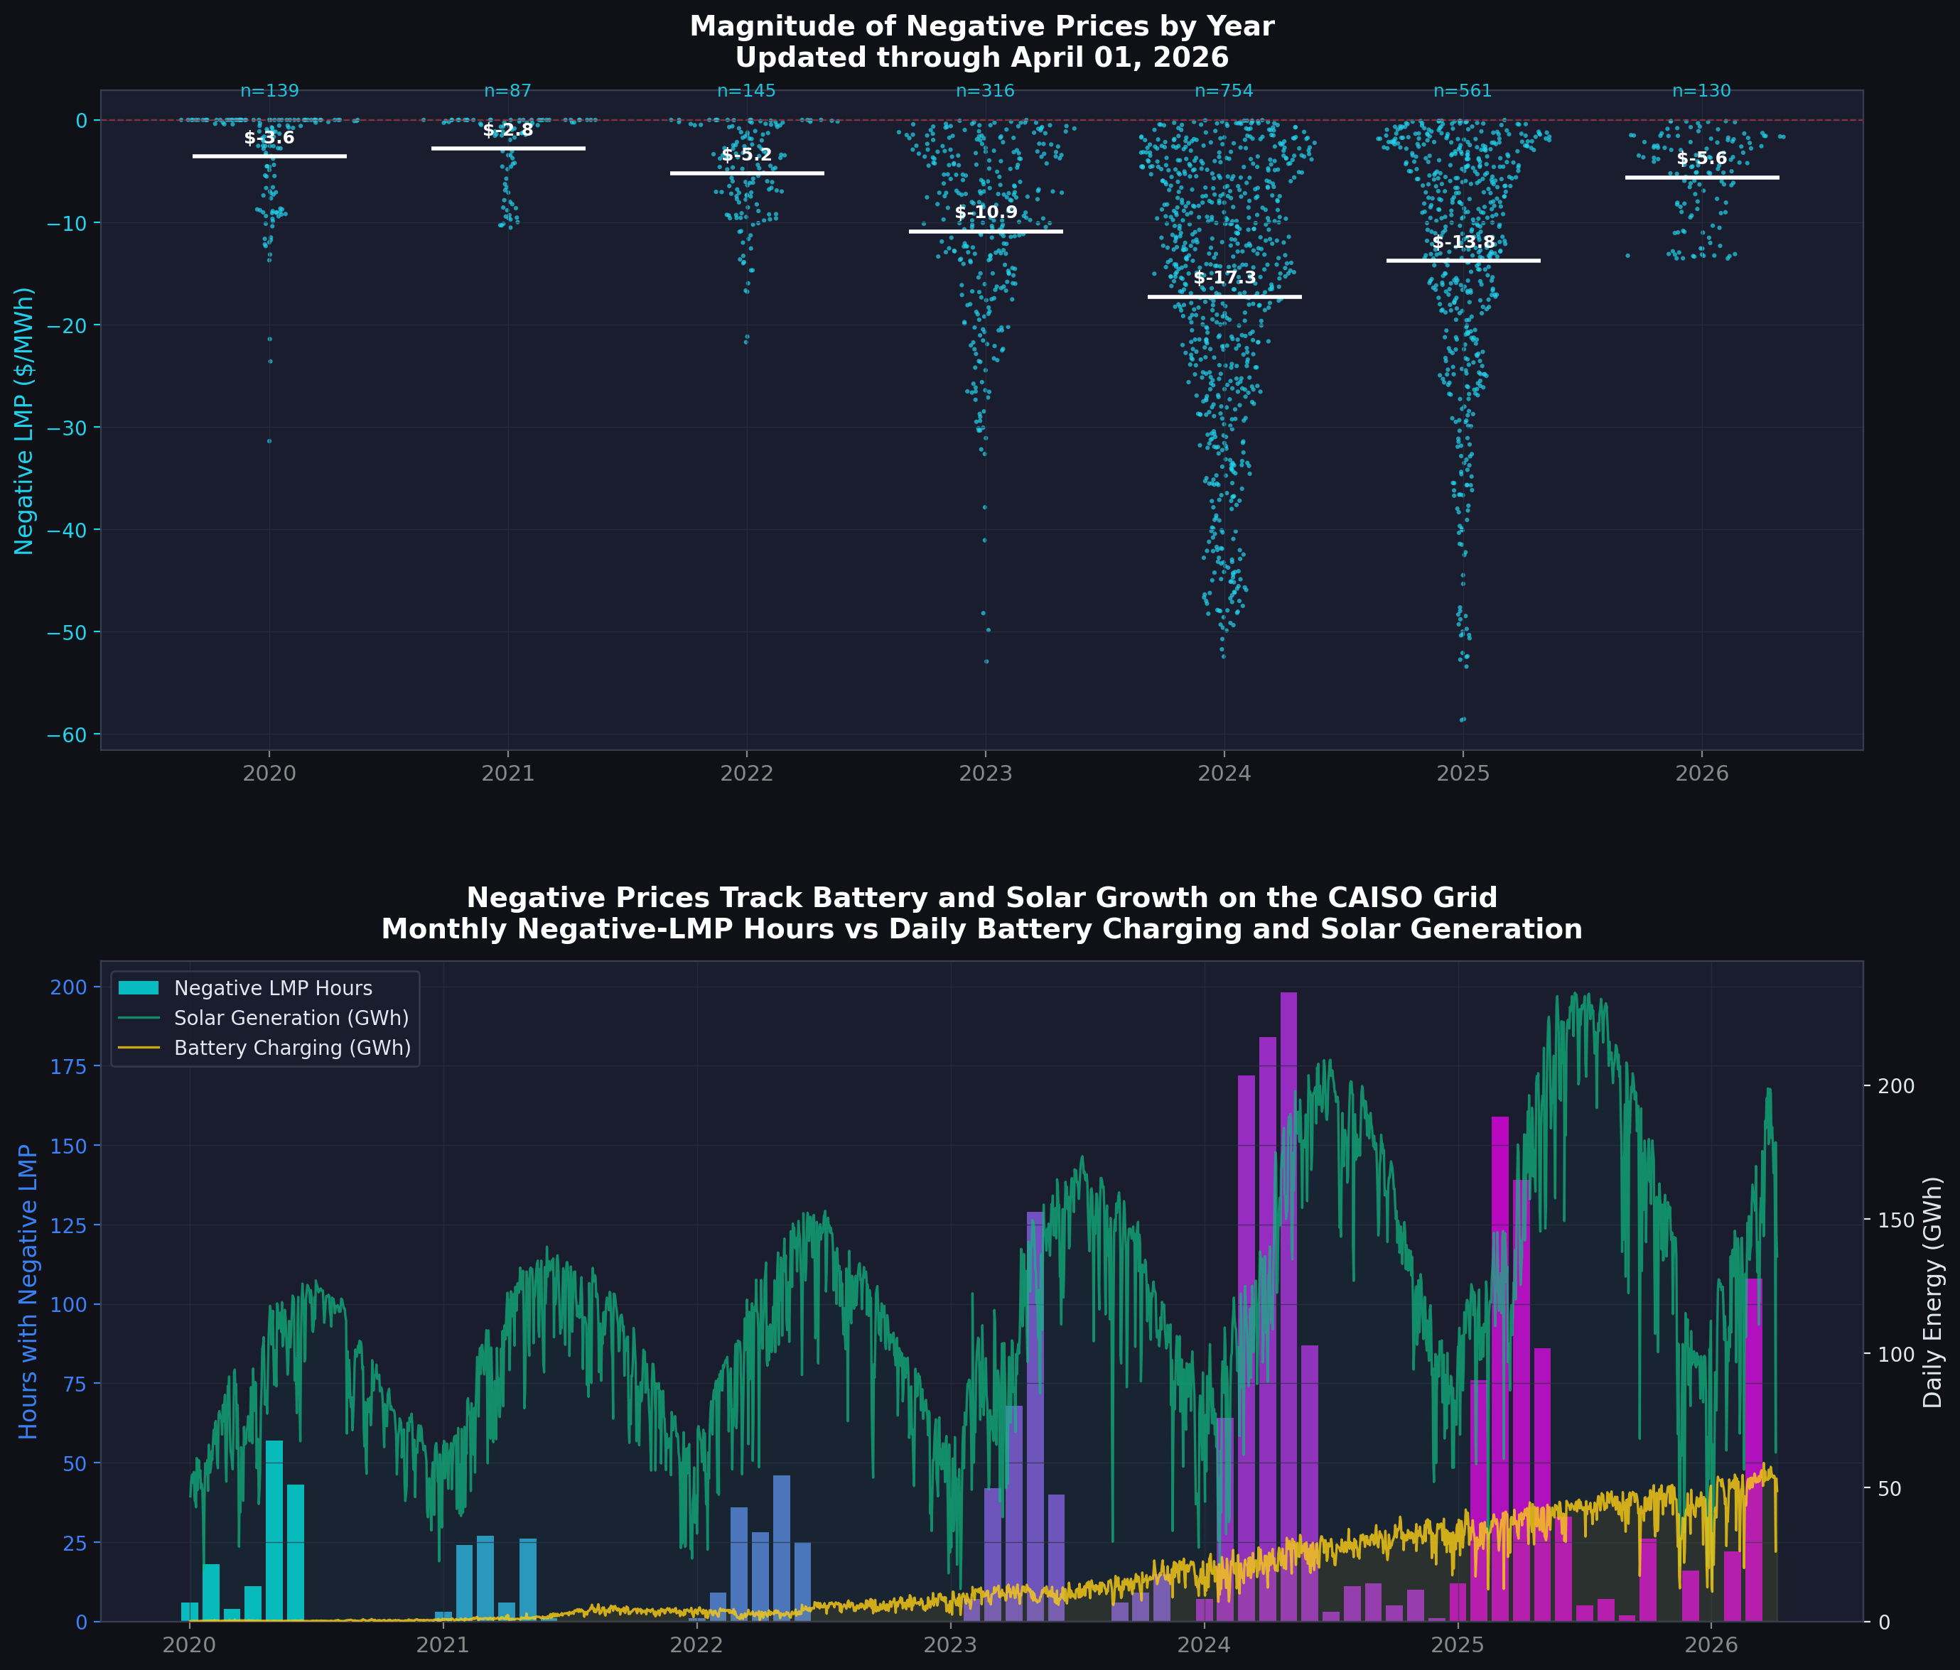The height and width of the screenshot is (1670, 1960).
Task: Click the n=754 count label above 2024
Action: pyautogui.click(x=1224, y=91)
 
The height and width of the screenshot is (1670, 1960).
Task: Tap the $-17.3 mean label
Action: pyautogui.click(x=1224, y=278)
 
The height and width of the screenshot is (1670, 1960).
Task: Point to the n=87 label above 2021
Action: pyautogui.click(x=508, y=91)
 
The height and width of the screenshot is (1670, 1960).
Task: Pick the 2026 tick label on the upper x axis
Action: pyautogui.click(x=1702, y=774)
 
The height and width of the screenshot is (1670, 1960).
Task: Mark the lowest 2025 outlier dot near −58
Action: pyautogui.click(x=1463, y=720)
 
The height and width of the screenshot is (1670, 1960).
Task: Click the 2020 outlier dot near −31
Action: pyautogui.click(x=269, y=440)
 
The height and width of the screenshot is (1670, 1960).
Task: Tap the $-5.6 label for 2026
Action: pyautogui.click(x=1702, y=158)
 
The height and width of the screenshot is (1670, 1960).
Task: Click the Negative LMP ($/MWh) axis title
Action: pyautogui.click(x=25, y=421)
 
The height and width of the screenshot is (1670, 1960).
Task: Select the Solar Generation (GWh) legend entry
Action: pyautogui.click(x=291, y=1017)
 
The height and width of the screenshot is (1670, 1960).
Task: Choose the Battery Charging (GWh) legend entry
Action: pyautogui.click(x=292, y=1048)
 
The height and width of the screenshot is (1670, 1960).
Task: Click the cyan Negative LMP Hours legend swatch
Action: pyautogui.click(x=139, y=987)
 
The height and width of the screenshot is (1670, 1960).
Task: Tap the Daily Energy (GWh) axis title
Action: pyautogui.click(x=1932, y=1291)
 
